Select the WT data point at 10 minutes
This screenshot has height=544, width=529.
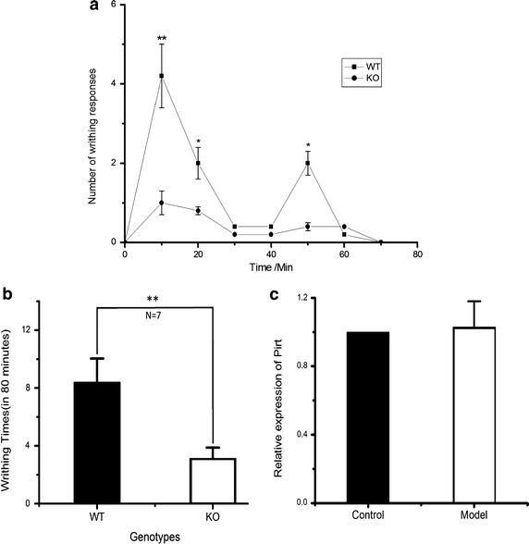click(162, 76)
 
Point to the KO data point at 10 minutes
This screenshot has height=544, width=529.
click(162, 203)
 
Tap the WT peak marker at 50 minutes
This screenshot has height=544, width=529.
click(307, 163)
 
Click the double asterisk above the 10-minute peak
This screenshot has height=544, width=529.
click(162, 40)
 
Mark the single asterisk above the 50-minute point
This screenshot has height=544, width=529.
click(307, 146)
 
